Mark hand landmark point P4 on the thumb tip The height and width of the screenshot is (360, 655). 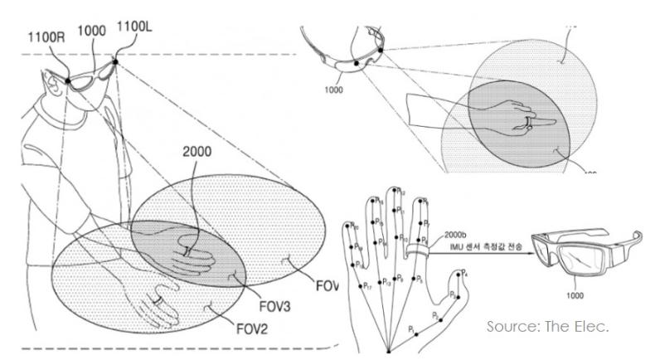point(466,274)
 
